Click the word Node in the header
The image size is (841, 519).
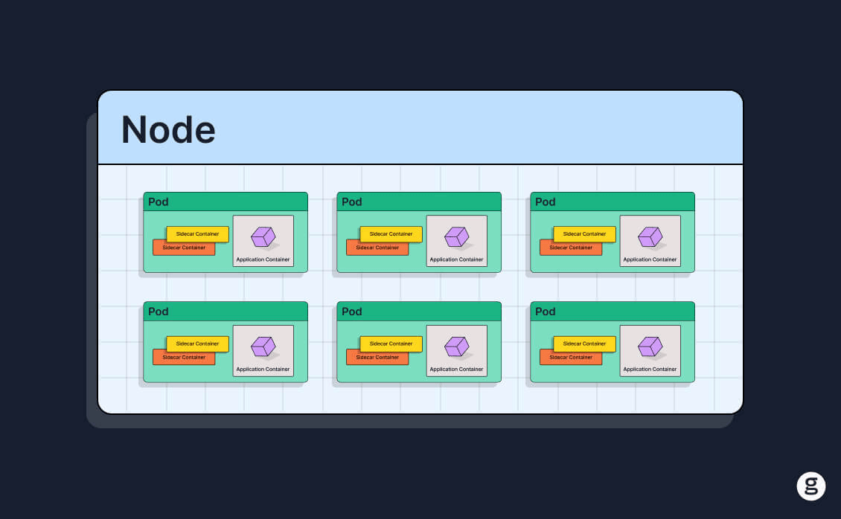168,130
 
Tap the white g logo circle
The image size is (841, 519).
811,486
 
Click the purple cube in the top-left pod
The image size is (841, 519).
263,236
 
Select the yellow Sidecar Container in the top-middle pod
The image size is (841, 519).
391,233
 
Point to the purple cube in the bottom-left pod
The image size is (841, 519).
263,346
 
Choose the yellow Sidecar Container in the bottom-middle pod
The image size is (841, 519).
391,344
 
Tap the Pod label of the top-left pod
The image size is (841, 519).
159,202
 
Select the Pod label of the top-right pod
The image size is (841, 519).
546,202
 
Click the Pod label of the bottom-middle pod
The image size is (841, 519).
352,312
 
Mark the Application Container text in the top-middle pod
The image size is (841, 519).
456,259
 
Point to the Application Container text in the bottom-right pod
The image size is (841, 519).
650,369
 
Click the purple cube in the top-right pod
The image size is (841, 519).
650,236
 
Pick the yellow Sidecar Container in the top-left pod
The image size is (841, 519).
197,233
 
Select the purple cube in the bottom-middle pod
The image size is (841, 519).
456,346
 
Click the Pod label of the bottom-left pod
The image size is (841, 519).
159,312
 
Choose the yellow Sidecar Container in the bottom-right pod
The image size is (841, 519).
584,344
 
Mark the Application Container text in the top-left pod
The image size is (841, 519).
263,259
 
